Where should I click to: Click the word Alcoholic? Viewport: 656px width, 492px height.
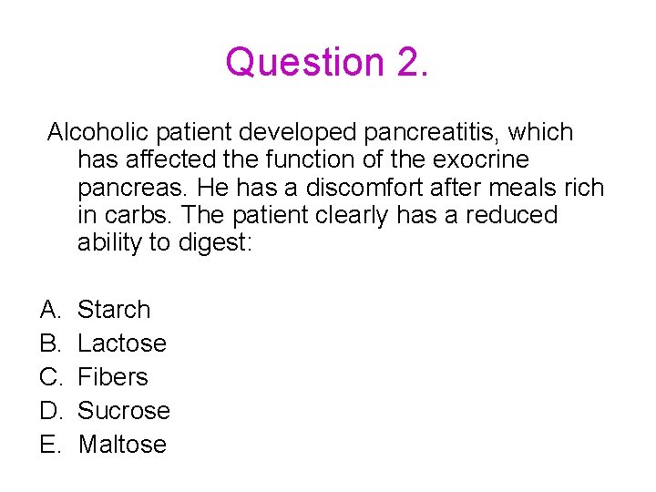tap(100, 133)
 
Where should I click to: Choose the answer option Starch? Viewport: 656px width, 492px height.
tap(114, 310)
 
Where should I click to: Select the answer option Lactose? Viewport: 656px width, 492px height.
tap(122, 343)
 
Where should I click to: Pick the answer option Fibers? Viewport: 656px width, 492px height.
tap(113, 377)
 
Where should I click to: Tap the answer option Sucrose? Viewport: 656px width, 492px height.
tap(124, 411)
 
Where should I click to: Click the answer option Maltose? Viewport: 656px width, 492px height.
tap(122, 445)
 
